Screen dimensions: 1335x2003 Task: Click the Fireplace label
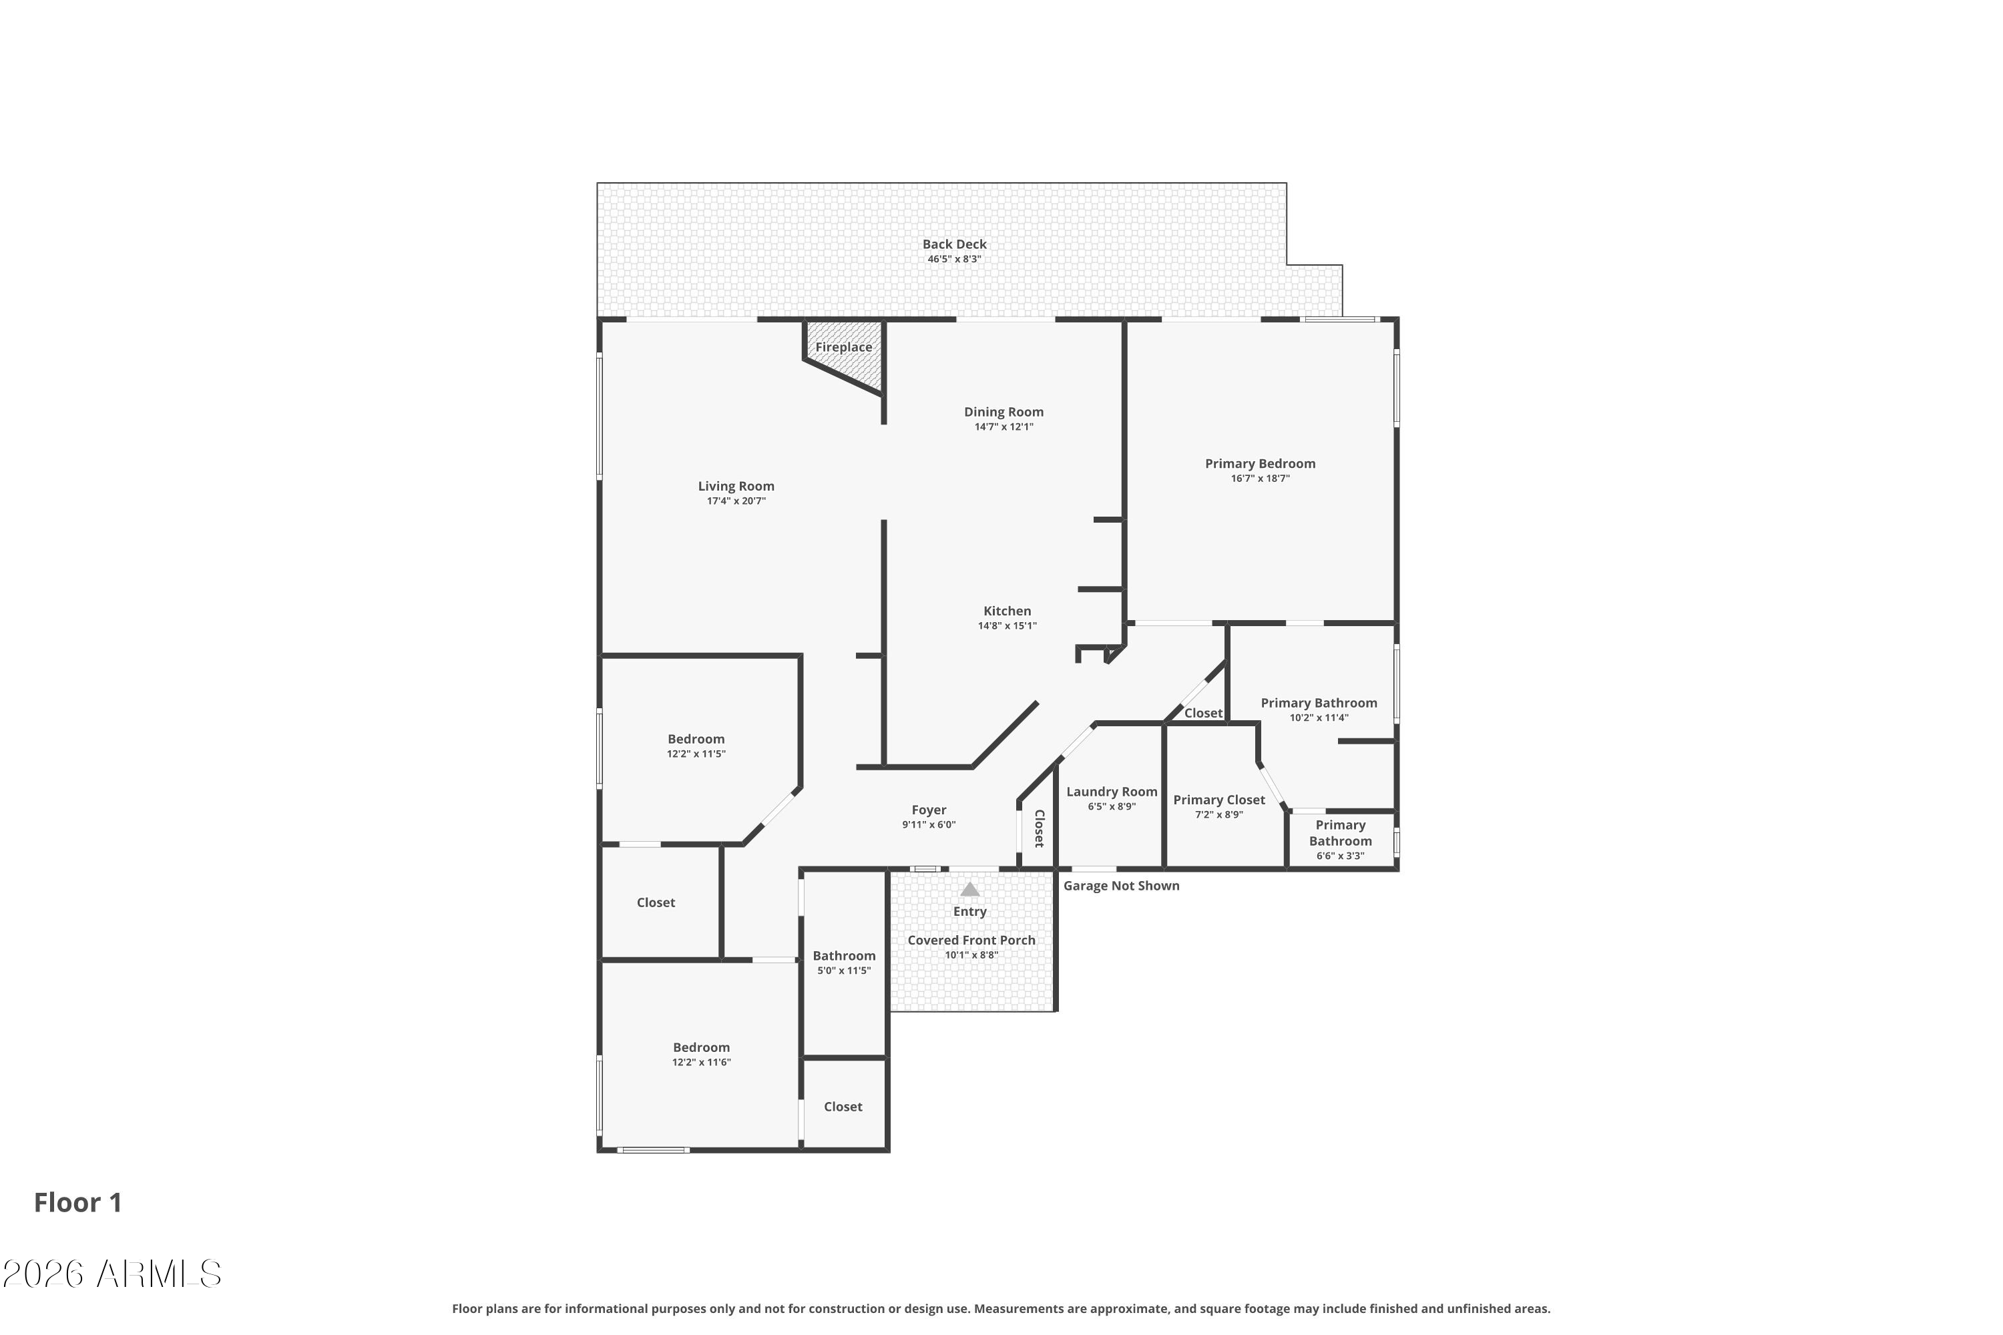pos(843,347)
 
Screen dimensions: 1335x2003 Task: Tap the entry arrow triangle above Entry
pos(969,890)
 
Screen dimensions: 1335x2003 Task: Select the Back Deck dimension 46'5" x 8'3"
pos(954,259)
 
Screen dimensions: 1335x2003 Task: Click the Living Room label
pos(736,486)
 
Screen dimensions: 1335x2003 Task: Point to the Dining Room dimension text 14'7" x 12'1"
pos(1004,427)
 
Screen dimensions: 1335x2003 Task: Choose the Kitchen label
pos(1007,611)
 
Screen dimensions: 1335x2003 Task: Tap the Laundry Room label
pos(1112,792)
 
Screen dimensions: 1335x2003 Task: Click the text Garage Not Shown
pos(1121,886)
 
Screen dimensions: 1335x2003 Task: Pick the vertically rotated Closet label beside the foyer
pos(1039,828)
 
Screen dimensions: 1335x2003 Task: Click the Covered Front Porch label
pos(971,940)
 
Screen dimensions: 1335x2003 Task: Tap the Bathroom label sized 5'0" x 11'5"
pos(843,955)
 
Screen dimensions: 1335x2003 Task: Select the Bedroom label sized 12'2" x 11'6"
pos(701,1047)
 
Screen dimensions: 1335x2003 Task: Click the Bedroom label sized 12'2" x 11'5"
pos(696,739)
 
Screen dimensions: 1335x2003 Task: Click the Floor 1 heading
pos(77,1202)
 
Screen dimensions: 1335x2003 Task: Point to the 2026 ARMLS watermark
pos(112,1274)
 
